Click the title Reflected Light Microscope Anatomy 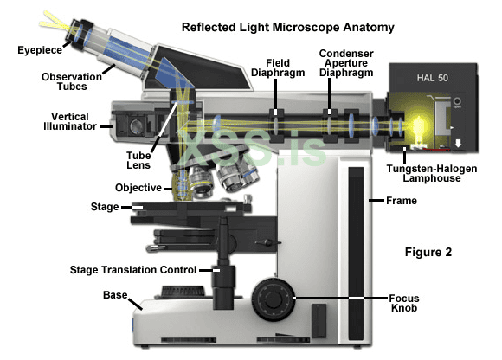click(288, 28)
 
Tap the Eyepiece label click(40, 50)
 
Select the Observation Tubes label click(72, 81)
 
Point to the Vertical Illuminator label click(70, 121)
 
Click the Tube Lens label click(138, 160)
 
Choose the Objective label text click(138, 188)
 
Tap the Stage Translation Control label click(133, 270)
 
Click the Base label click(115, 295)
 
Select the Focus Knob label click(404, 303)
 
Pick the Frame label click(402, 201)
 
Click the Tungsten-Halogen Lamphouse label click(432, 173)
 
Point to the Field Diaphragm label click(278, 67)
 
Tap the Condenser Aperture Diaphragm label click(346, 63)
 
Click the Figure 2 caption click(428, 252)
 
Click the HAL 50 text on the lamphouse click(432, 78)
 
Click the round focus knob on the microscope click(274, 299)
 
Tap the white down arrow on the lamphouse click(458, 143)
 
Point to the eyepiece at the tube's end click(80, 34)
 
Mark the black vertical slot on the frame click(356, 253)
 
